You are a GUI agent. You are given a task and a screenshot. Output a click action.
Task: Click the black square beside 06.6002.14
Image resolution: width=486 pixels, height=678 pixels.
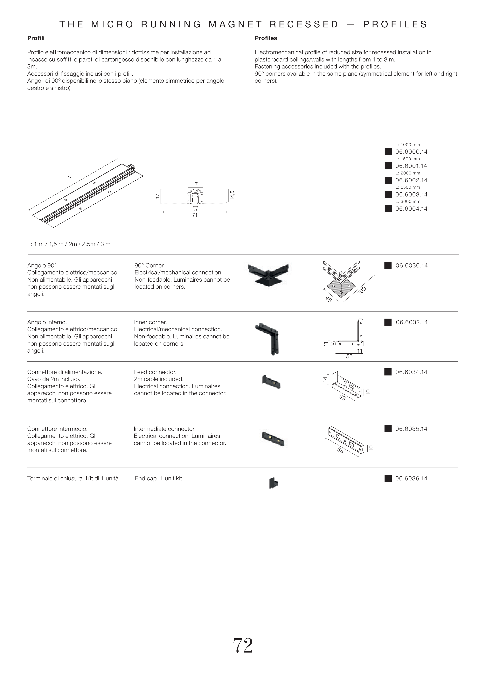(388, 180)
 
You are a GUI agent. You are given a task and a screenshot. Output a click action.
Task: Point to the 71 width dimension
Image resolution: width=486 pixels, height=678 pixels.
(195, 215)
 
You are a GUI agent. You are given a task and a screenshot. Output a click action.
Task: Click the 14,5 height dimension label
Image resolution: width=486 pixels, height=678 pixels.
(232, 195)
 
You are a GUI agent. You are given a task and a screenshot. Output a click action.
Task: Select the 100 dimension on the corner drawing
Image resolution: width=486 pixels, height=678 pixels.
(362, 290)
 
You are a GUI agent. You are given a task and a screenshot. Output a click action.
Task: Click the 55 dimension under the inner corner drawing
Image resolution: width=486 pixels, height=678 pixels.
(349, 356)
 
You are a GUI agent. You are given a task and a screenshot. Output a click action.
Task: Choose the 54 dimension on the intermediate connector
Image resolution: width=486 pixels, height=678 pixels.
(340, 450)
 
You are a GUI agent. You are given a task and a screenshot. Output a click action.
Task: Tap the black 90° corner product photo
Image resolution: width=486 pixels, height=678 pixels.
(268, 273)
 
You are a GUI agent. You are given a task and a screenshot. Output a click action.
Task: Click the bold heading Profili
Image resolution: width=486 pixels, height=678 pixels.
(36, 38)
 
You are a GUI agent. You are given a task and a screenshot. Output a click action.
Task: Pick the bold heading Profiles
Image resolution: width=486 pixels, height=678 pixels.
(266, 38)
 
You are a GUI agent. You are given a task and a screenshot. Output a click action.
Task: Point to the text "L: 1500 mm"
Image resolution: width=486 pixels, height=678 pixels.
(407, 159)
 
